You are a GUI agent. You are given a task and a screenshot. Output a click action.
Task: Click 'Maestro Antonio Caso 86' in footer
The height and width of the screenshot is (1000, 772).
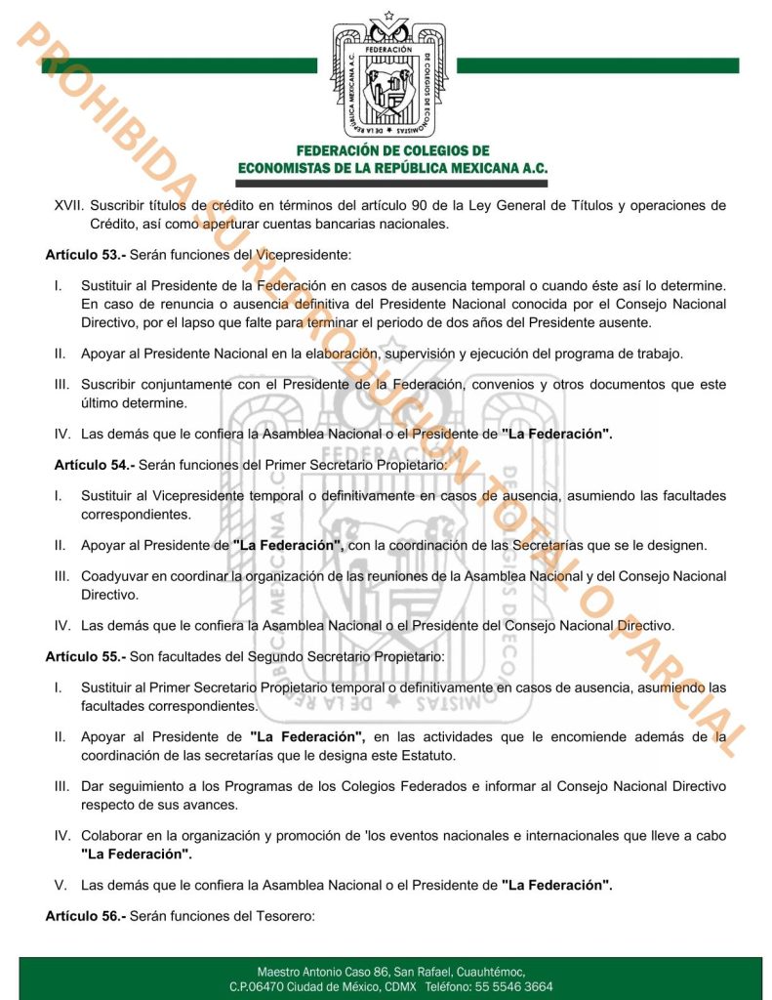324,972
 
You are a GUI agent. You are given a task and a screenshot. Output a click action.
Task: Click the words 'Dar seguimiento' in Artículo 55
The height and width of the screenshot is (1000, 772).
130,786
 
